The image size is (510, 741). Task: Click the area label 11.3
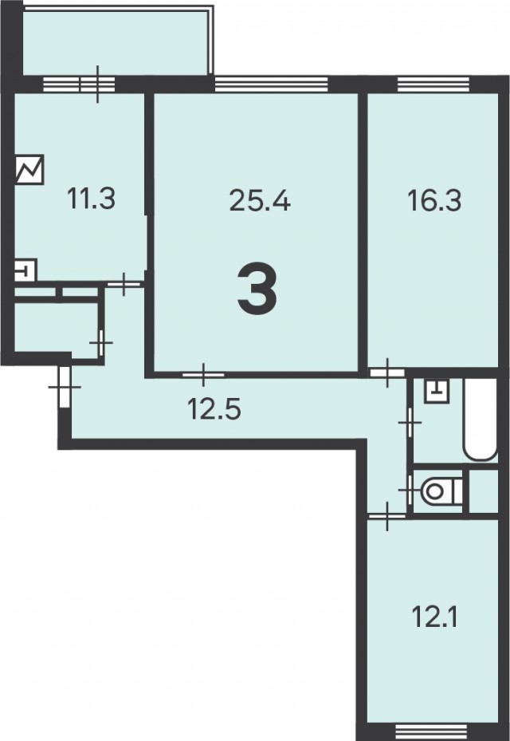[91, 199]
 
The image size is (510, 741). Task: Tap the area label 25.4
[260, 200]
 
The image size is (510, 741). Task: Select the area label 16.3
[434, 200]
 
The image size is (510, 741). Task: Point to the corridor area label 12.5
[214, 408]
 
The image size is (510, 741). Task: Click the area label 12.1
[434, 617]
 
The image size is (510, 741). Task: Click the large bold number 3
[257, 290]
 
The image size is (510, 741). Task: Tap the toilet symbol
[442, 491]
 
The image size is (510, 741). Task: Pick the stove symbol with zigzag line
[29, 169]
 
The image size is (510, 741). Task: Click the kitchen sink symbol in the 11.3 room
[25, 270]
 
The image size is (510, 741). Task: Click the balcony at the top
[116, 41]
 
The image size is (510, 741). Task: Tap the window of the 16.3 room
[433, 84]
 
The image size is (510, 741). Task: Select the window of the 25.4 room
[271, 84]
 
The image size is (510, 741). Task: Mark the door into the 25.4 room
[203, 375]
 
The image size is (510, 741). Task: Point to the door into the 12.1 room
[387, 517]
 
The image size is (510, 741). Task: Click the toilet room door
[409, 491]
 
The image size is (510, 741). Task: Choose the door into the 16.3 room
[387, 372]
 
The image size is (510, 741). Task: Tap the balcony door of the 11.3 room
[98, 84]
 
